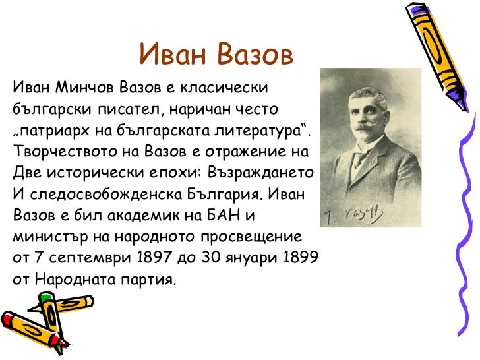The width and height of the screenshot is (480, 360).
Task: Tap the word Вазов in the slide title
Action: click(x=253, y=55)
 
